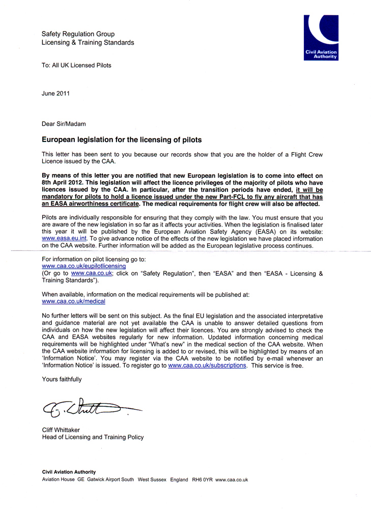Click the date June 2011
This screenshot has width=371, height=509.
[56, 94]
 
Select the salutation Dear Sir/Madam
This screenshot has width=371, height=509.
[64, 123]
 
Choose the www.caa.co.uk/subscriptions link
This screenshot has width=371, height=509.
[207, 365]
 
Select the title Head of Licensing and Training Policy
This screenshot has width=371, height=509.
[93, 437]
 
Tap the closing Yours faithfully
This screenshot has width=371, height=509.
[62, 379]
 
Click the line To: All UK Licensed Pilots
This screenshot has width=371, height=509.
[76, 65]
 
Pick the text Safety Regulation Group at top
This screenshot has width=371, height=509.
[78, 34]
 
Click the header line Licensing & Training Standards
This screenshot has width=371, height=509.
[88, 43]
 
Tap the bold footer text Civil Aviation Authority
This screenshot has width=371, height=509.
[69, 472]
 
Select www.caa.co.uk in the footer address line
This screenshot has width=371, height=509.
[232, 480]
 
